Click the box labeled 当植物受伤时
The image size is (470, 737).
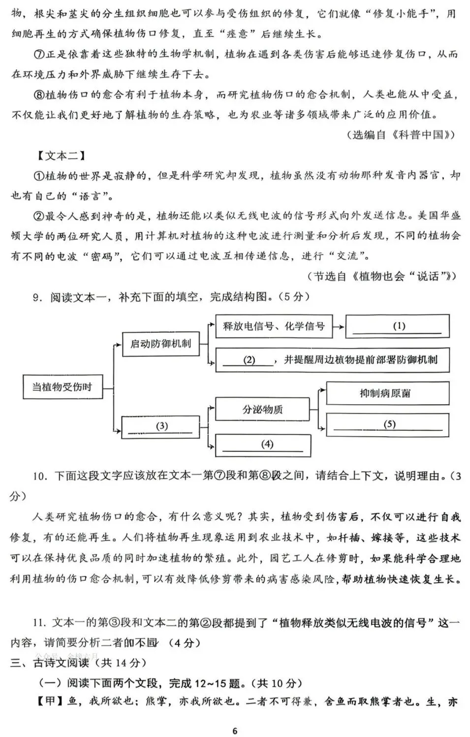pyautogui.click(x=63, y=386)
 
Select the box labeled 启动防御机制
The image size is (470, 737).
pyautogui.click(x=160, y=343)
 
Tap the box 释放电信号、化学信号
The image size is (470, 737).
pyautogui.click(x=274, y=326)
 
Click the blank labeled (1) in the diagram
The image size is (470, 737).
pyautogui.click(x=398, y=326)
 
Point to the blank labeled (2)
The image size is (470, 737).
pyautogui.click(x=249, y=360)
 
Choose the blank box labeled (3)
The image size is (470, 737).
pyautogui.click(x=160, y=426)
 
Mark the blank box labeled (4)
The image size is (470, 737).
pyautogui.click(x=263, y=445)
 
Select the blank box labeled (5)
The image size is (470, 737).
pyautogui.click(x=388, y=424)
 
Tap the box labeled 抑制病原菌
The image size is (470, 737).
pyautogui.click(x=388, y=393)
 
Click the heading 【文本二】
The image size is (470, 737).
pyautogui.click(x=61, y=156)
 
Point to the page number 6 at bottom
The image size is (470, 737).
pyautogui.click(x=235, y=731)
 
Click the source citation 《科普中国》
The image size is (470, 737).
pyautogui.click(x=424, y=135)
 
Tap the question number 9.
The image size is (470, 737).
pyautogui.click(x=36, y=297)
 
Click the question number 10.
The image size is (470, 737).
pyautogui.click(x=39, y=476)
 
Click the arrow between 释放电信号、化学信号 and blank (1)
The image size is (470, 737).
pyautogui.click(x=339, y=326)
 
